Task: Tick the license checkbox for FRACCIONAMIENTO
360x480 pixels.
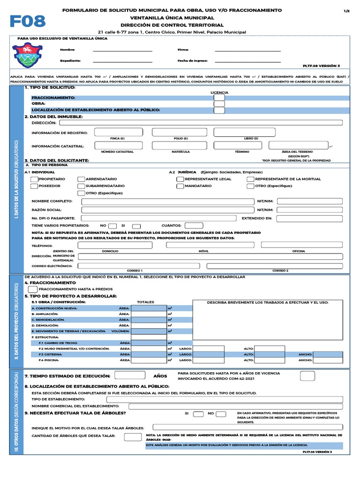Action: click(x=219, y=97)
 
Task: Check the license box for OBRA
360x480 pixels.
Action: click(x=219, y=104)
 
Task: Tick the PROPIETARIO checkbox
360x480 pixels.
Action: click(x=34, y=179)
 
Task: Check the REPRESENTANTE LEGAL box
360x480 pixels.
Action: click(x=180, y=179)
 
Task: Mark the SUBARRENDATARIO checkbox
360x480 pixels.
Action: click(x=81, y=186)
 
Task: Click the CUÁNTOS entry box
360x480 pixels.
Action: click(x=194, y=225)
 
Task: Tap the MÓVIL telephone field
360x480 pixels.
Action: click(x=203, y=245)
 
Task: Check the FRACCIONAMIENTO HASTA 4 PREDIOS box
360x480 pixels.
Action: click(x=33, y=289)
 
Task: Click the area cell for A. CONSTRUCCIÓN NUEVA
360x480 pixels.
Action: click(x=149, y=308)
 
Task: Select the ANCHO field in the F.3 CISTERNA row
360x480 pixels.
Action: click(x=328, y=354)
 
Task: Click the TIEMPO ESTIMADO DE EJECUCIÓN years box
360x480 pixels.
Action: click(x=130, y=375)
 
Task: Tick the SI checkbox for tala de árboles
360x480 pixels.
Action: click(x=198, y=413)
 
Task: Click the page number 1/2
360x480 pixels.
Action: click(x=347, y=10)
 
